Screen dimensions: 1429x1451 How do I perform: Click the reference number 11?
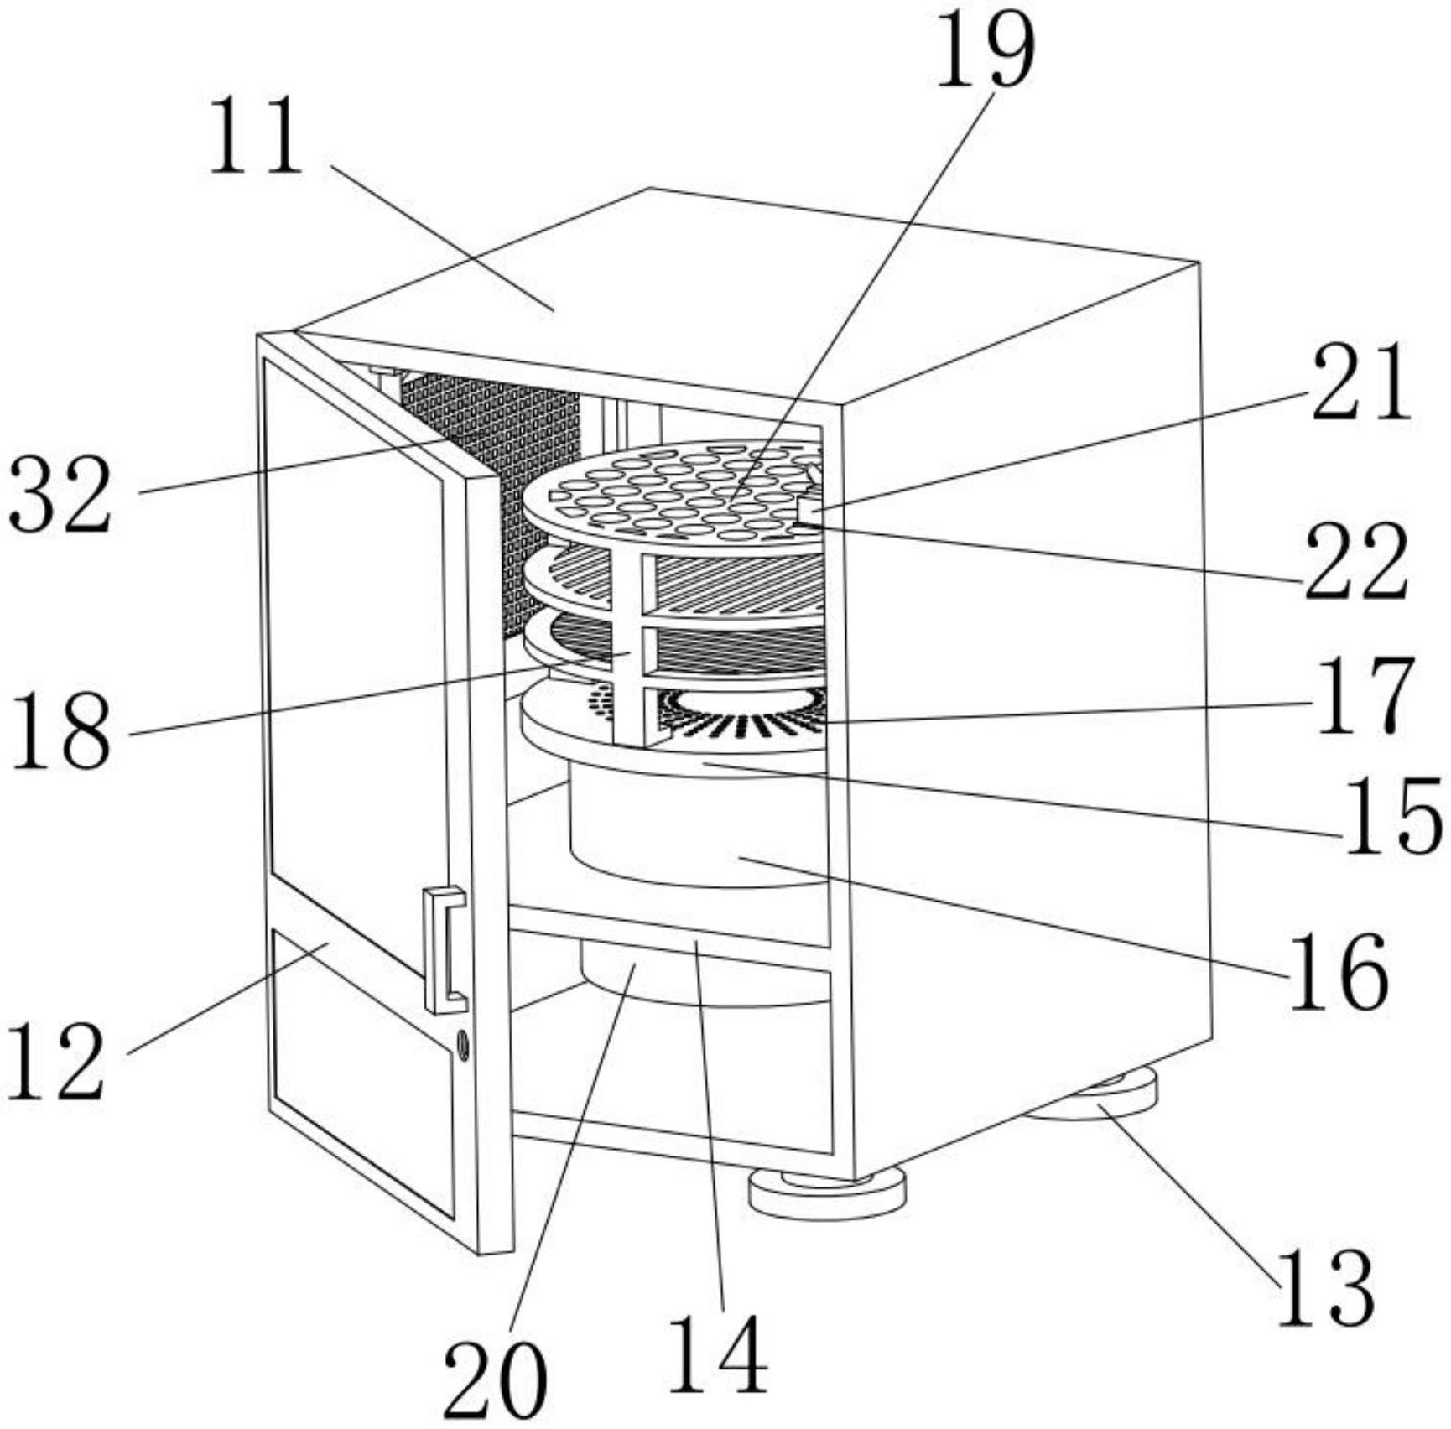255,136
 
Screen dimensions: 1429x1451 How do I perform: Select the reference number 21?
1362,383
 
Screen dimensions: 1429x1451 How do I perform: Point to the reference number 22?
1355,561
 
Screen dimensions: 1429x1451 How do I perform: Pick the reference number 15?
1393,817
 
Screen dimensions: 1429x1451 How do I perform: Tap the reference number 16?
1339,972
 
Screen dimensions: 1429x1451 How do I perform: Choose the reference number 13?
1326,1289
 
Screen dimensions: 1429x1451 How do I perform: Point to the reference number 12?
56,1063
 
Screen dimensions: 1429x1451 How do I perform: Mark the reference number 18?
61,730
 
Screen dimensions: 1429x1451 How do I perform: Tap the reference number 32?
60,495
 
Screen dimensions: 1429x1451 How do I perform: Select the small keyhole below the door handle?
462,1044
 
